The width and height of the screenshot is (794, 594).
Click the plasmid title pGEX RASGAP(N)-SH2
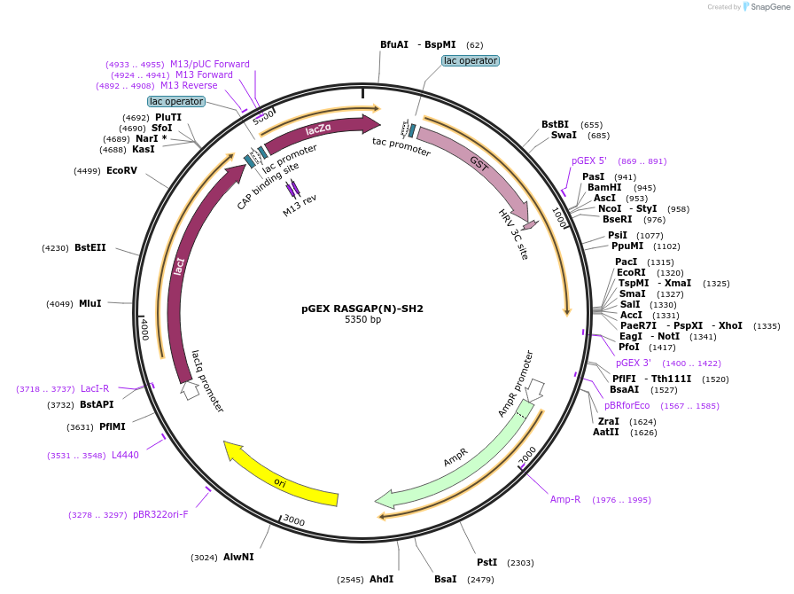click(x=362, y=309)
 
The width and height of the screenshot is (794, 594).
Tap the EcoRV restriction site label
click(x=121, y=170)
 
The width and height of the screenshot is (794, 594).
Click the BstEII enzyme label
click(x=90, y=248)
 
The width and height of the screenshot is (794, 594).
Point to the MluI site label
click(x=90, y=303)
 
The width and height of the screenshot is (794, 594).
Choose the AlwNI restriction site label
click(x=238, y=557)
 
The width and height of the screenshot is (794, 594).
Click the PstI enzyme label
click(x=487, y=562)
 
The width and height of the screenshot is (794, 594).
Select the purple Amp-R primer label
click(x=565, y=499)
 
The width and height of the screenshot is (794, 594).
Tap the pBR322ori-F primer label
click(x=160, y=514)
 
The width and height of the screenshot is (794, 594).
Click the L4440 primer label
click(x=125, y=455)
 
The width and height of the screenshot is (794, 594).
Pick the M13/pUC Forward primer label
click(x=210, y=64)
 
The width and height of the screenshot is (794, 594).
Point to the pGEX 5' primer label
click(x=589, y=160)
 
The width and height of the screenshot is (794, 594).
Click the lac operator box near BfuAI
click(x=471, y=60)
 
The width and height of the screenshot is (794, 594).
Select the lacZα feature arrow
click(x=319, y=130)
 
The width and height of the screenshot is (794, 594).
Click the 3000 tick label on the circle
click(x=294, y=521)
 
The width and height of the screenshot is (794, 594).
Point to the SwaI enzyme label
click(x=564, y=135)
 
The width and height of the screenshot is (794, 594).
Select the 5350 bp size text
click(x=362, y=319)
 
